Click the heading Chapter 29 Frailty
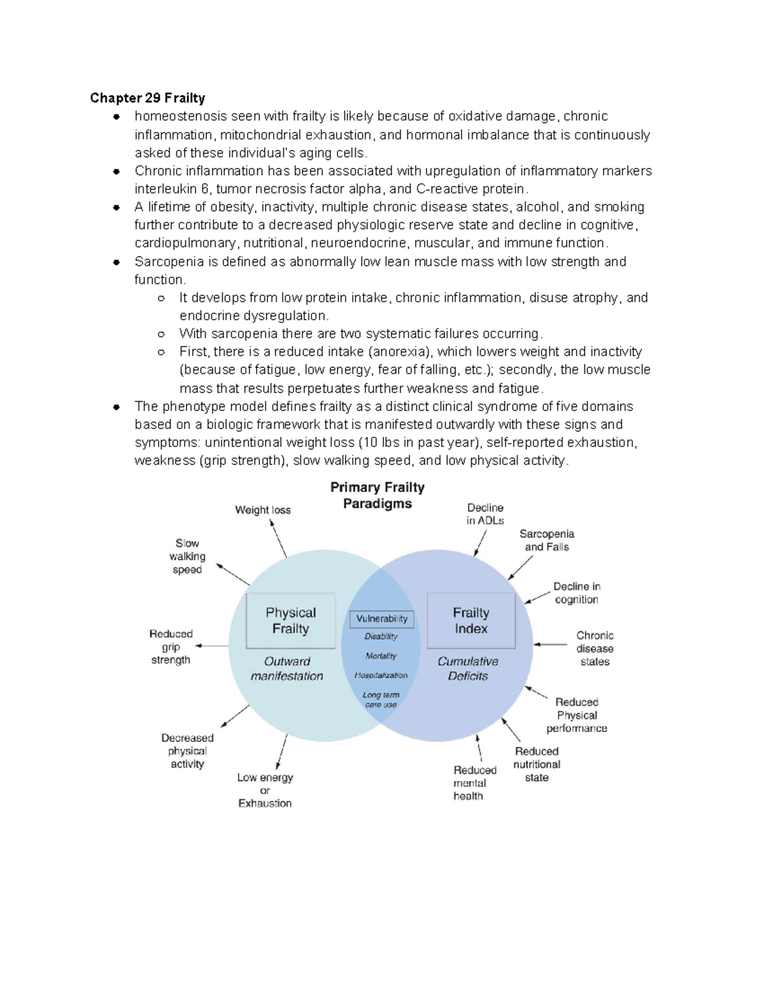click(147, 98)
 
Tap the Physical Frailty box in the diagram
click(290, 621)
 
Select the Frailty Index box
click(471, 621)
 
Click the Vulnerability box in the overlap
click(381, 618)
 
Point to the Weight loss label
click(262, 510)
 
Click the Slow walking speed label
click(187, 557)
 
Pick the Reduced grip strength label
click(171, 647)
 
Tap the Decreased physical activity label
click(187, 751)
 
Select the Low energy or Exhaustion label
click(265, 790)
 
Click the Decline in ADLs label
click(485, 514)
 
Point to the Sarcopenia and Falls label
click(547, 540)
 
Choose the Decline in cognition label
click(576, 593)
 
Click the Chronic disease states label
click(595, 648)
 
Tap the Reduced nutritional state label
click(537, 764)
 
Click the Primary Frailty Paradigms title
click(378, 495)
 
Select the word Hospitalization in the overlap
click(381, 675)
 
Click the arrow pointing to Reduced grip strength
click(211, 646)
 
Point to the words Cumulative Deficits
click(468, 669)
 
